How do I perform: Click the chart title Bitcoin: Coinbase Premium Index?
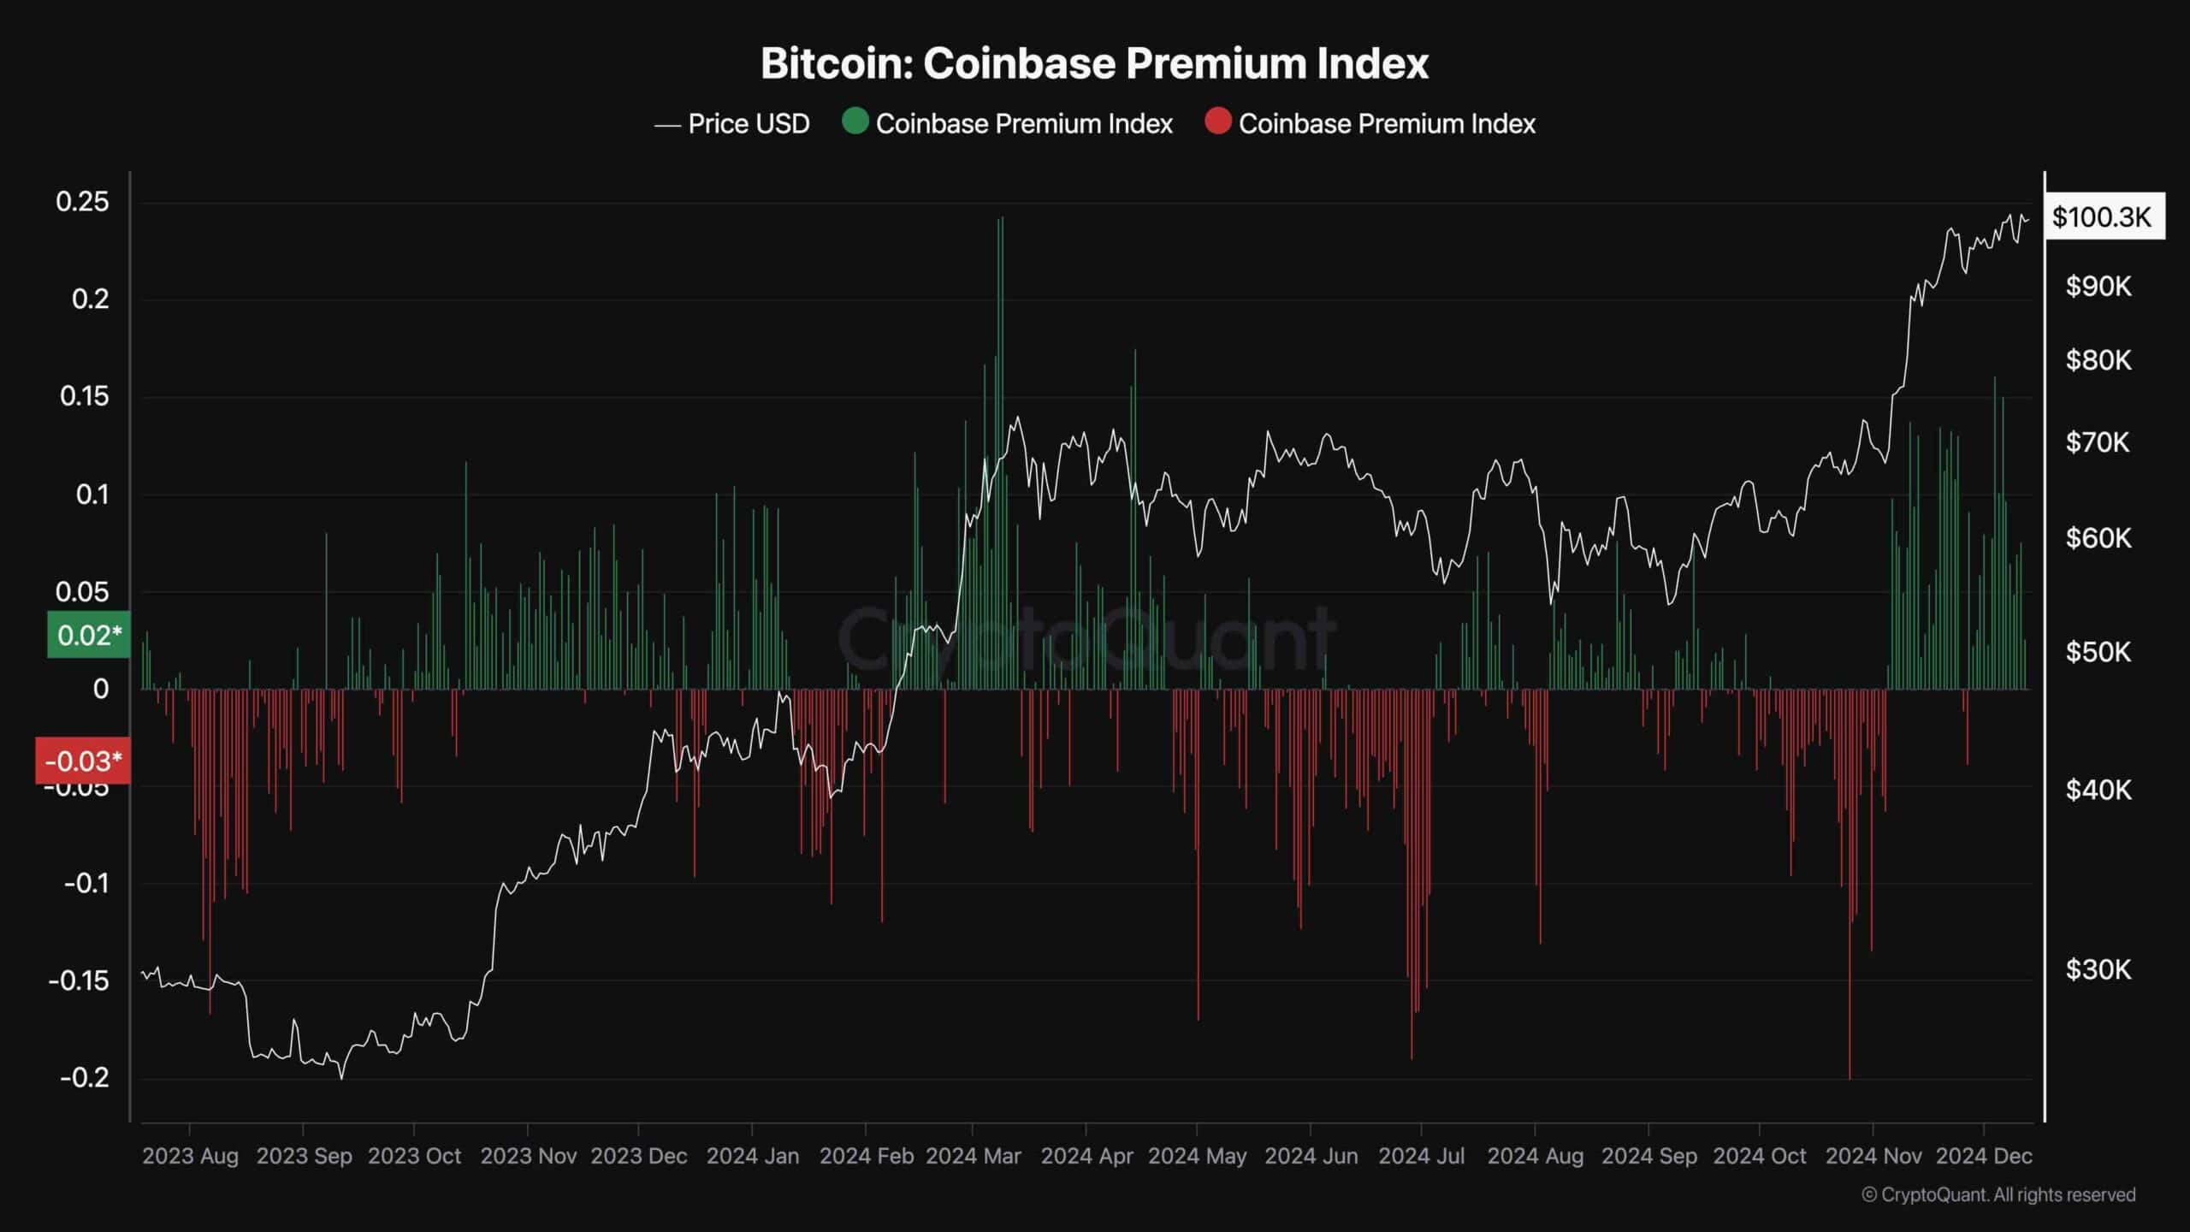[x=1094, y=63]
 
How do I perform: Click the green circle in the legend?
[x=855, y=121]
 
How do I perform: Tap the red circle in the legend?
[x=1217, y=121]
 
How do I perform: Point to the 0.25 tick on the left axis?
[x=83, y=202]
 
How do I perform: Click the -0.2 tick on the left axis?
[x=85, y=1077]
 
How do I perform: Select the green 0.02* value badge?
[x=89, y=635]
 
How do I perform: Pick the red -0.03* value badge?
[x=83, y=761]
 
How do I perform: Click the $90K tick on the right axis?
[x=2098, y=287]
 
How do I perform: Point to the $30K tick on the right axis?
[x=2098, y=969]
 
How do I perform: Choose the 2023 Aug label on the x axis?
[x=190, y=1156]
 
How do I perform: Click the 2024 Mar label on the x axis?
[x=974, y=1156]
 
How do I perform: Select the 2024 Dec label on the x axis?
[x=1984, y=1156]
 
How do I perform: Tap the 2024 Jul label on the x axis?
[x=1422, y=1156]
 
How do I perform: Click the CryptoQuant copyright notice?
[x=1998, y=1194]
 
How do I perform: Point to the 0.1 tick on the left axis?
[x=92, y=495]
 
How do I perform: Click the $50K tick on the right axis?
[x=2098, y=652]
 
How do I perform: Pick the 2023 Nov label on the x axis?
[x=528, y=1156]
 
